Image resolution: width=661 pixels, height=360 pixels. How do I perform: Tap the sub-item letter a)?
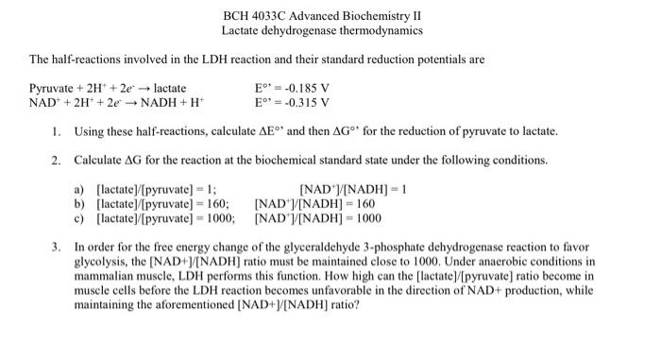click(79, 188)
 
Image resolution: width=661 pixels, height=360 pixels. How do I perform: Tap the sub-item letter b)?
click(79, 202)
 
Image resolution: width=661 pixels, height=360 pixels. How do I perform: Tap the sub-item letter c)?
click(79, 216)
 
